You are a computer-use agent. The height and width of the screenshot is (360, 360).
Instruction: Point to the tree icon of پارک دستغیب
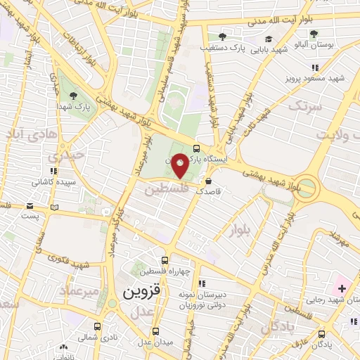tap(222, 37)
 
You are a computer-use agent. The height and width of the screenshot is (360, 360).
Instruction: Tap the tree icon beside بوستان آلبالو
tap(314, 33)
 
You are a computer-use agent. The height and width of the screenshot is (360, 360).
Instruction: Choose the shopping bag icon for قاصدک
tap(207, 181)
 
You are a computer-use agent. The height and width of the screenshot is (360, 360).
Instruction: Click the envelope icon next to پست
tap(30, 206)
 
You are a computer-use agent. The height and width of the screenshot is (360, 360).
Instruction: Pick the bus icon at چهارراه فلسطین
tap(165, 259)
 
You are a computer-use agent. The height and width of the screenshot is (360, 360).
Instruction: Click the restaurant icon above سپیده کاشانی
tap(52, 170)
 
